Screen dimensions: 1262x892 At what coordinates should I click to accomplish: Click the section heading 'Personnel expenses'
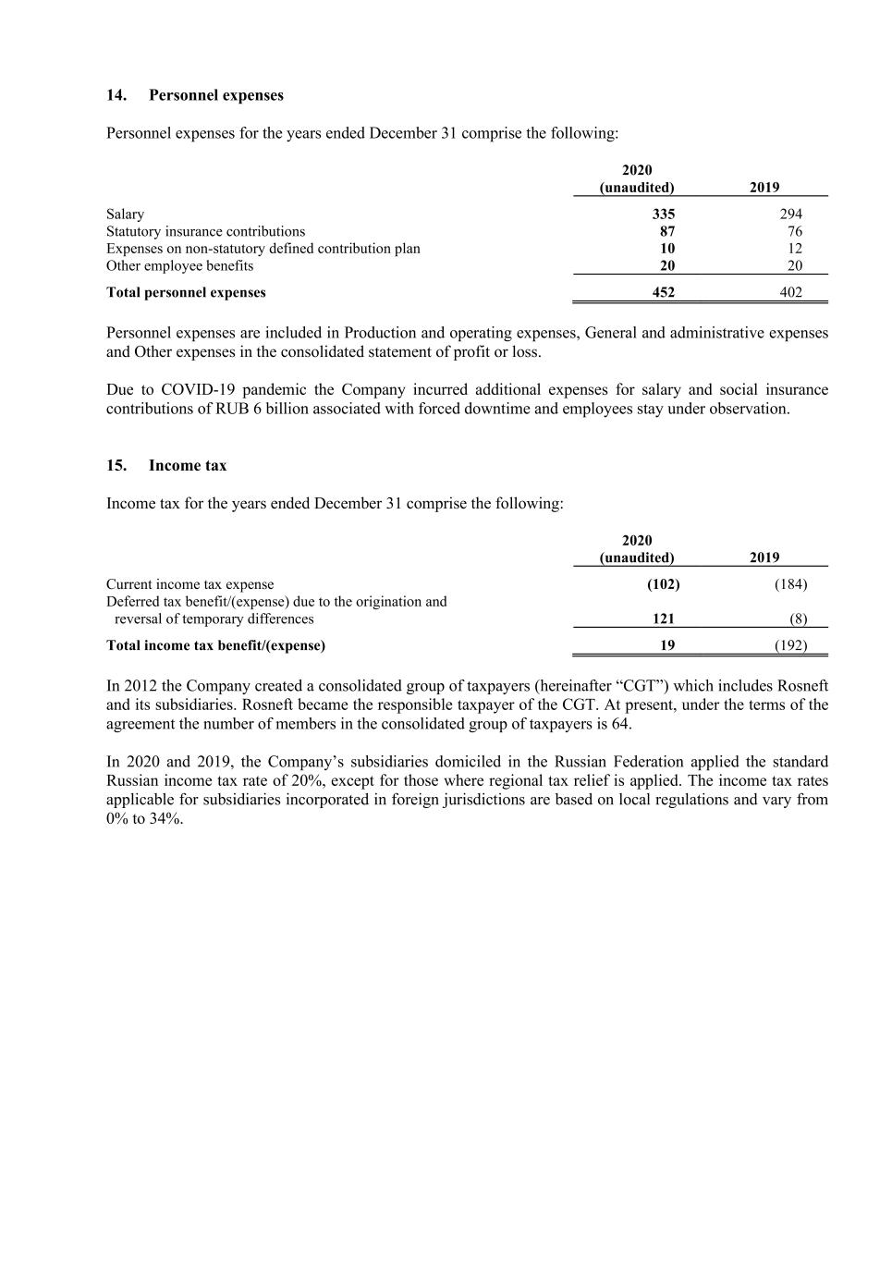click(x=215, y=95)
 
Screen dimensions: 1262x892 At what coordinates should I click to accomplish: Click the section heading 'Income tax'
click(x=187, y=465)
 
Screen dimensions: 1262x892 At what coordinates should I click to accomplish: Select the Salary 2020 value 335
click(x=664, y=214)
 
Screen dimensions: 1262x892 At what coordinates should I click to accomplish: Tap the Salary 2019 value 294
click(x=790, y=214)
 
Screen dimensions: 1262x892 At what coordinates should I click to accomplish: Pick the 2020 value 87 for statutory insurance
click(x=667, y=231)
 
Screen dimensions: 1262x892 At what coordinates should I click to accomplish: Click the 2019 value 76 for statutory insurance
click(x=795, y=231)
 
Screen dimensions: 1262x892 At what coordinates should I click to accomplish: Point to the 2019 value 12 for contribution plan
click(x=795, y=248)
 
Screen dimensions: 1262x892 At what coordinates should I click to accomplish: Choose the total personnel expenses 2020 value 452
click(x=663, y=292)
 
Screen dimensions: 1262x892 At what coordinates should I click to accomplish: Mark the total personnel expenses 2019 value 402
click(x=790, y=292)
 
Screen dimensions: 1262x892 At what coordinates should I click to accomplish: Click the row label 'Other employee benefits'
click(x=179, y=265)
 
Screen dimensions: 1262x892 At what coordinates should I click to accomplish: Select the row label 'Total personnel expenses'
click(x=186, y=292)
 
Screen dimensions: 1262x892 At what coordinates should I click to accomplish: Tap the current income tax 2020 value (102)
click(x=663, y=583)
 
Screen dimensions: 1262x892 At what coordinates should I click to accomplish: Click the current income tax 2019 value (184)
click(x=790, y=583)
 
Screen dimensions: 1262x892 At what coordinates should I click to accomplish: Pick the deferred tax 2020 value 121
click(x=663, y=619)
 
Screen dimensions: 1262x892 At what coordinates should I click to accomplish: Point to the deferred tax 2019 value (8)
click(x=798, y=619)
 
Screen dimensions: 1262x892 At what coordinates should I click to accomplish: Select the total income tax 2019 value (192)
click(x=790, y=645)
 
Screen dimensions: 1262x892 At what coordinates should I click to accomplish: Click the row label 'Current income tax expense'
click(x=189, y=583)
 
